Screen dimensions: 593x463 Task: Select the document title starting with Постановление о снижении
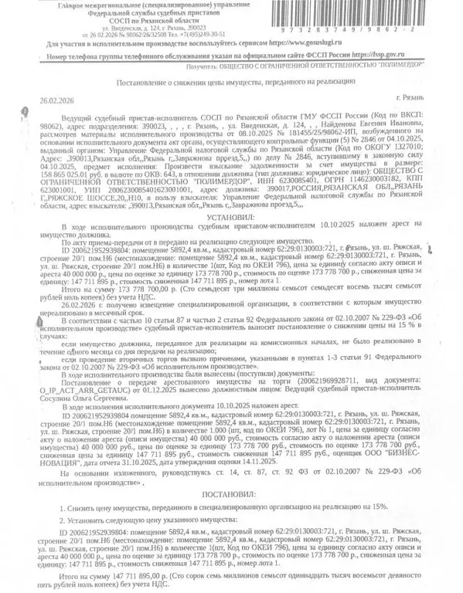coord(235,81)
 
